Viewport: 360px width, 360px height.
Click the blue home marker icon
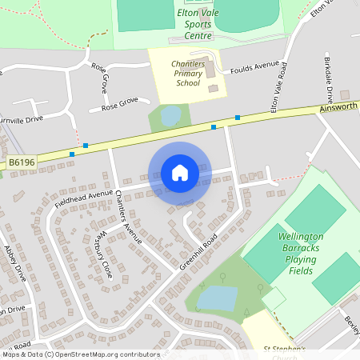click(x=179, y=173)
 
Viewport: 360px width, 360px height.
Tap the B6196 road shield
click(x=22, y=162)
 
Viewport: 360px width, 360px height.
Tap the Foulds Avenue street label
click(x=254, y=68)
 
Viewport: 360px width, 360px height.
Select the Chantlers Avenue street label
click(x=128, y=217)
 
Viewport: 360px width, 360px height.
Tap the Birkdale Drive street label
click(x=328, y=74)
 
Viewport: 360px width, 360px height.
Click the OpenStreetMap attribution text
click(x=80, y=354)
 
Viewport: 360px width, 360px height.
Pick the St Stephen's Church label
click(x=284, y=350)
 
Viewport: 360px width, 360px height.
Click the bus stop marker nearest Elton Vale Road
click(x=238, y=118)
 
